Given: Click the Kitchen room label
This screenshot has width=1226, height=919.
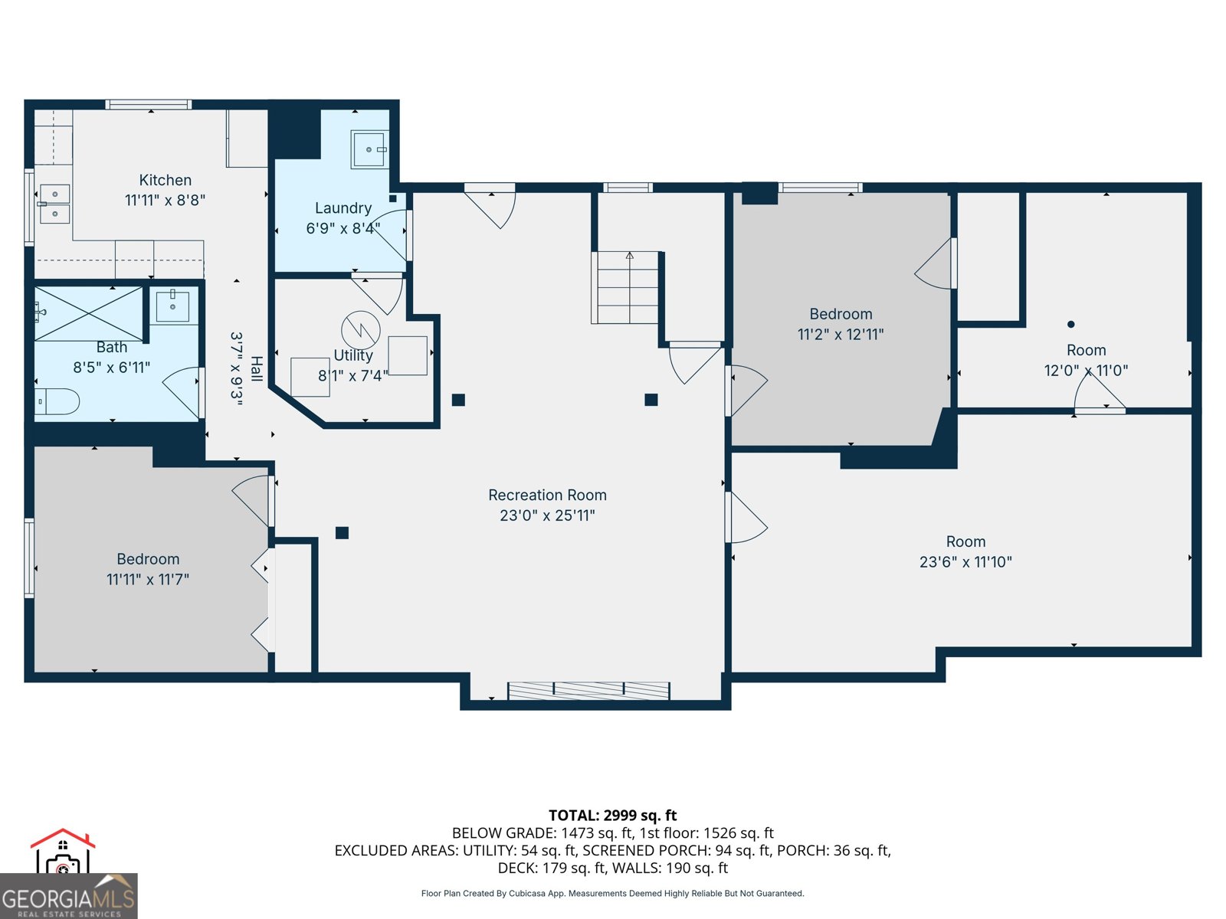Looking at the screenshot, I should click(165, 180).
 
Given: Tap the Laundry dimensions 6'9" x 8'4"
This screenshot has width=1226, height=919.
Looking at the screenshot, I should click(343, 228).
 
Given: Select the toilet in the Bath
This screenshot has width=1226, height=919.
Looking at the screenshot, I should click(57, 401).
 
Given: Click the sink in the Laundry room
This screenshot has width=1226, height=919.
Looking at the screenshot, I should click(369, 149).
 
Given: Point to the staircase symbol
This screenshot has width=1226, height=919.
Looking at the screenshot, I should click(625, 287).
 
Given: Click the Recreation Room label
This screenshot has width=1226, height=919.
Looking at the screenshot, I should click(547, 495).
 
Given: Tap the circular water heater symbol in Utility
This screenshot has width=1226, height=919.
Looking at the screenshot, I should click(360, 330).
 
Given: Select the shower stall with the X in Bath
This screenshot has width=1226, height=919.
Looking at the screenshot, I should click(89, 314).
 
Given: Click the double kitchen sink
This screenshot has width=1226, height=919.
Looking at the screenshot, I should click(54, 204).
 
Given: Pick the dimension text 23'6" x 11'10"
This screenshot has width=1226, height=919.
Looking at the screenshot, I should click(965, 562).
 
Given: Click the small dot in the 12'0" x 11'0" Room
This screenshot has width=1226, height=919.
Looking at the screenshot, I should click(1070, 324).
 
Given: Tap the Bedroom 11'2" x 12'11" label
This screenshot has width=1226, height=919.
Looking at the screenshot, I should click(841, 314).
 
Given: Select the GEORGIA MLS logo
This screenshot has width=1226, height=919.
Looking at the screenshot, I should click(68, 897).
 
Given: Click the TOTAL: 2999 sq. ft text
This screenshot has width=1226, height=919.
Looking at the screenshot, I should click(612, 816).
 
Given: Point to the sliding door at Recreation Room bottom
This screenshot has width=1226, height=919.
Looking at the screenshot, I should click(588, 691).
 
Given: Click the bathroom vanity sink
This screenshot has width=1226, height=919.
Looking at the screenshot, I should click(173, 306).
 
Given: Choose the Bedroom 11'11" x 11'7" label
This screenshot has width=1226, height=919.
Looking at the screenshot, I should click(148, 559).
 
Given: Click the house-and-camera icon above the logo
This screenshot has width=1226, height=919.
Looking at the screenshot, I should click(63, 852).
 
